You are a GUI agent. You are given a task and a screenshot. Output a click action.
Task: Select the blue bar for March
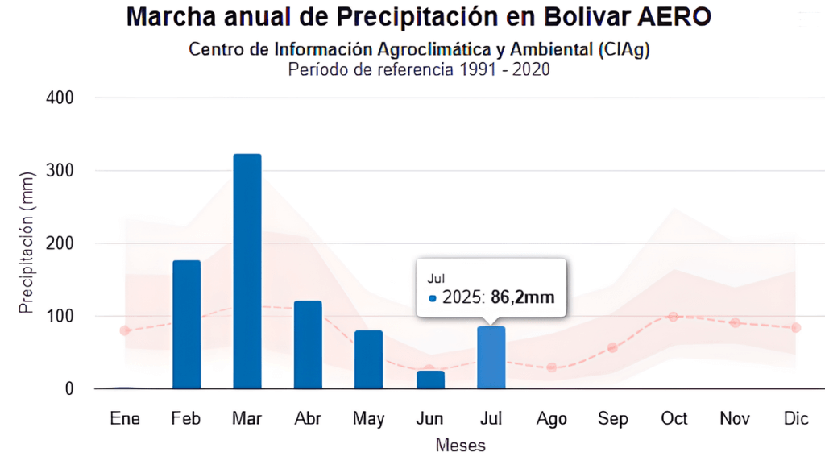[247, 271]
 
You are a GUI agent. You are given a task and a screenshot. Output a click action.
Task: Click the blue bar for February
[186, 324]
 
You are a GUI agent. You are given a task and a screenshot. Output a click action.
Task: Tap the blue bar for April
[308, 344]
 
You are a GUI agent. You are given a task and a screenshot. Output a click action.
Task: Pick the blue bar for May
[368, 359]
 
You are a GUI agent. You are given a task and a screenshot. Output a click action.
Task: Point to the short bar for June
[430, 380]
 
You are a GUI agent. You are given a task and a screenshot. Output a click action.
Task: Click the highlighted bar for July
[491, 357]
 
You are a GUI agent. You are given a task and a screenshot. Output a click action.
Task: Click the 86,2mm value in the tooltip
[523, 297]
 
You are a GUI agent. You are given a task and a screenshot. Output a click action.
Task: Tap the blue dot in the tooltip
[433, 298]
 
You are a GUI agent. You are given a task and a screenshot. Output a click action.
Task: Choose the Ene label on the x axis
[125, 419]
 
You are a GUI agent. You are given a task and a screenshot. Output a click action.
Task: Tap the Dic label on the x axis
[796, 419]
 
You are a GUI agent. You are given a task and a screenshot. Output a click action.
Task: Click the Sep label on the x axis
[612, 419]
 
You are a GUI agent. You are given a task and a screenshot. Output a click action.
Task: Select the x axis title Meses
[460, 446]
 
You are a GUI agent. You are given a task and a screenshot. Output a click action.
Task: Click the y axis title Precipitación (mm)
[27, 243]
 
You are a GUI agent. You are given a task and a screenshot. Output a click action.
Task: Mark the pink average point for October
[674, 317]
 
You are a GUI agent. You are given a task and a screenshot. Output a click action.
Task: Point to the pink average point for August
[552, 367]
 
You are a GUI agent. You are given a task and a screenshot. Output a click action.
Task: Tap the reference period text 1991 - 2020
[504, 69]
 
